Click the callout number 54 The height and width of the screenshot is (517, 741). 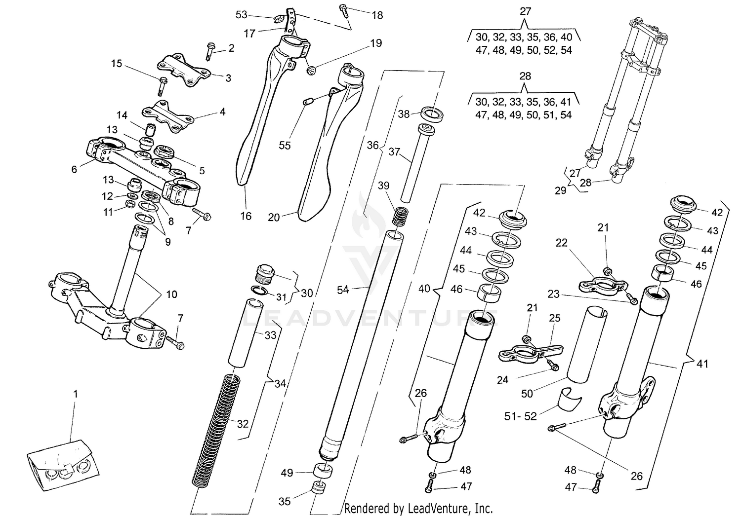coord(343,290)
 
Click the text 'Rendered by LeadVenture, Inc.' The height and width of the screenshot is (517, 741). coord(418,508)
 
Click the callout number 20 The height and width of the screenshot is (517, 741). coord(274,217)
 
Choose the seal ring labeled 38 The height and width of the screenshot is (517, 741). coord(432,114)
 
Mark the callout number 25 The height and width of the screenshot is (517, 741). coord(554,318)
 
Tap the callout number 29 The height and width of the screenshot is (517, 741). coord(560,190)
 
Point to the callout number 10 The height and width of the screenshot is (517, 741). coord(171,295)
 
